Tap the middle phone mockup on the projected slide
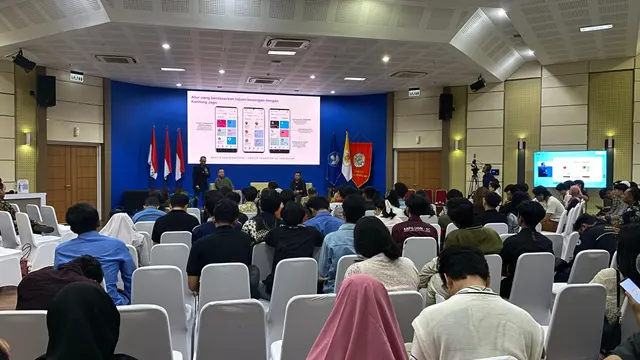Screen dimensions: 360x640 pos(253,130)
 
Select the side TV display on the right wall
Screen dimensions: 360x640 pos(570,168)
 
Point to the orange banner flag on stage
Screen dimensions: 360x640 pos(360,162)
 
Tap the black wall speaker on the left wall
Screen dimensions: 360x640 pos(46,91)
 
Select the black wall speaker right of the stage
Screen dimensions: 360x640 pos(445,106)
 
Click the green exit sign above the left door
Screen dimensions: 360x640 pos(77,76)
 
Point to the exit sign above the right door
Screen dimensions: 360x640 pos(413,92)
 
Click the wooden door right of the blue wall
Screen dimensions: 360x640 pos(419,169)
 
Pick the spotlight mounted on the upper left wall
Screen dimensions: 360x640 pos(23,62)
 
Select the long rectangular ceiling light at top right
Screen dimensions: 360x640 pos(596,28)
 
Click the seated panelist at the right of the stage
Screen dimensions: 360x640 pos(297,184)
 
